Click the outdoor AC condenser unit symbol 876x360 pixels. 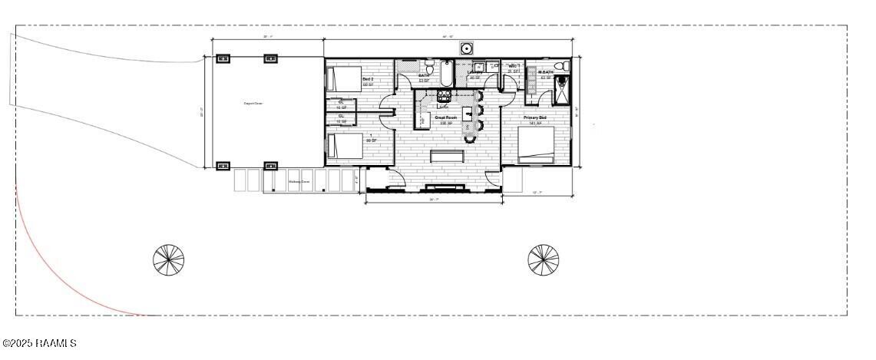pyautogui.click(x=466, y=48)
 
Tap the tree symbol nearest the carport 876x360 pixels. pyautogui.click(x=169, y=259)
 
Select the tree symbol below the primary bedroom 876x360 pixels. pyautogui.click(x=543, y=259)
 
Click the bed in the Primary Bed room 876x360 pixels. pyautogui.click(x=537, y=145)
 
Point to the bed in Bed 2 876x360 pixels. pyautogui.click(x=344, y=79)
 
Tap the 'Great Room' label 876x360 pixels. pyautogui.click(x=446, y=117)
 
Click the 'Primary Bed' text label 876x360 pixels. pyautogui.click(x=535, y=117)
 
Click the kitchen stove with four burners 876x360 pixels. pyautogui.click(x=444, y=97)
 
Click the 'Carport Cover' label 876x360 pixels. pyautogui.click(x=254, y=103)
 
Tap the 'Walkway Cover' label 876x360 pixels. pyautogui.click(x=299, y=182)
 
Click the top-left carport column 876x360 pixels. pyautogui.click(x=223, y=59)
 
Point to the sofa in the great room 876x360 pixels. pyautogui.click(x=448, y=157)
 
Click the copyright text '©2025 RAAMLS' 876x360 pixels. pyautogui.click(x=39, y=343)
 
